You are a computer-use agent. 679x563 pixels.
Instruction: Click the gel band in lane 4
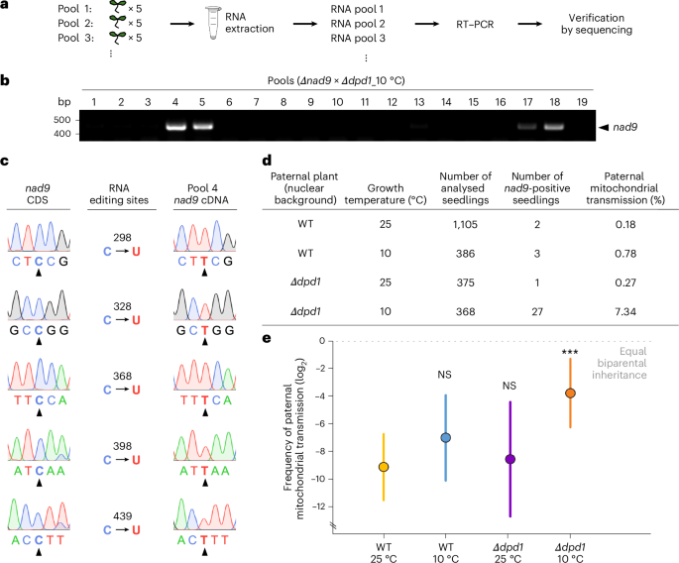tap(176, 127)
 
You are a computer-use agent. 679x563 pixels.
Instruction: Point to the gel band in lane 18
tap(551, 127)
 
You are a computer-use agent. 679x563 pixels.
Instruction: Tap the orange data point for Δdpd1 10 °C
tap(570, 393)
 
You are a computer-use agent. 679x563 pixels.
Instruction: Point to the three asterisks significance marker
tap(570, 352)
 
